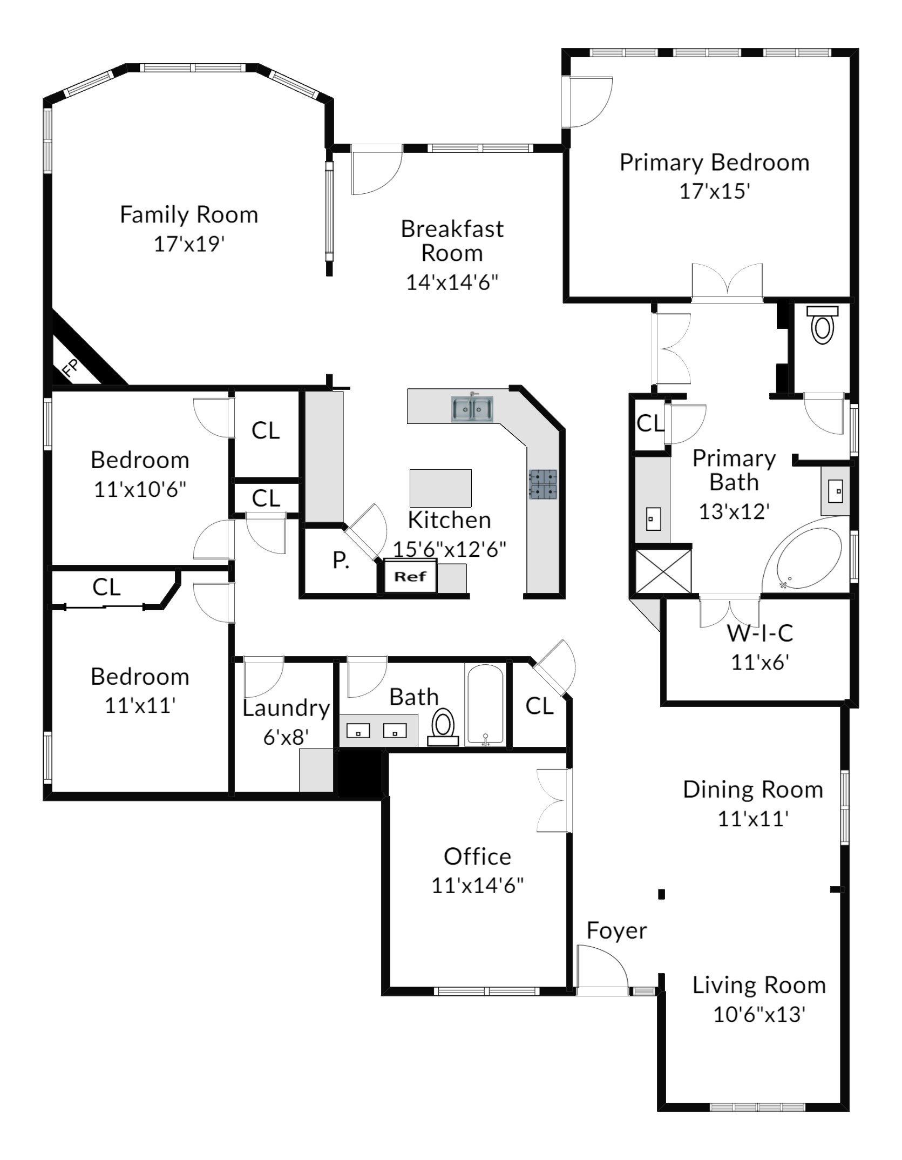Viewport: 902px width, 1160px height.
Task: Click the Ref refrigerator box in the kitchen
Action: coord(410,576)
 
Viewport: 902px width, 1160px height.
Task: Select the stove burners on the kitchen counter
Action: coord(543,484)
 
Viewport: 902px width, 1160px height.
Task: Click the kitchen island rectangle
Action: coord(440,488)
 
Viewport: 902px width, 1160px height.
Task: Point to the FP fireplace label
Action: coord(71,368)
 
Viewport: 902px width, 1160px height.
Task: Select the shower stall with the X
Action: coord(663,573)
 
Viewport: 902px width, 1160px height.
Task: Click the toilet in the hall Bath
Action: coord(443,727)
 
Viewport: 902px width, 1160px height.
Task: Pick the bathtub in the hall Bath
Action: coord(485,705)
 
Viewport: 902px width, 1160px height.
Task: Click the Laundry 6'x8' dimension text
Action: coord(286,737)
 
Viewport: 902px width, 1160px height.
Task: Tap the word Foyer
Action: coord(616,931)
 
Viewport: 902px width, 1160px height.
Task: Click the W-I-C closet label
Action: coord(760,633)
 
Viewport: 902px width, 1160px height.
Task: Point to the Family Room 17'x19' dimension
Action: coord(189,244)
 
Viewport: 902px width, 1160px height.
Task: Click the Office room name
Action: coord(477,856)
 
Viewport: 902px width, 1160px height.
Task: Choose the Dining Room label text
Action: coord(753,790)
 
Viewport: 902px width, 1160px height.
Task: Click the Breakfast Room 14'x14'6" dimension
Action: coord(452,282)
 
